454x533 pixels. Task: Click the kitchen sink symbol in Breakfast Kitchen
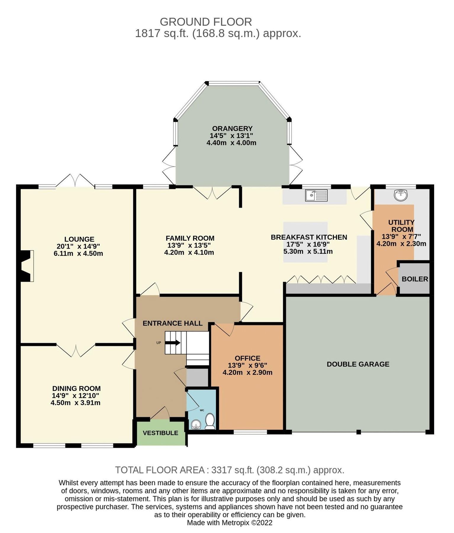(317, 195)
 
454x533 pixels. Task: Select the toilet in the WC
(210, 421)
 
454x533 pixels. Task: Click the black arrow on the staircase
(173, 343)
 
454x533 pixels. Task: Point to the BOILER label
(415, 279)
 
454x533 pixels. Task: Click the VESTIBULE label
(160, 433)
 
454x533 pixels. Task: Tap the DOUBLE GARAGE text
(358, 364)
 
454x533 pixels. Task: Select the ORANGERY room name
(232, 129)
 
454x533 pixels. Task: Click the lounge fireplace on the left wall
(26, 266)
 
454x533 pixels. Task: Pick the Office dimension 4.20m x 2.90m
(247, 373)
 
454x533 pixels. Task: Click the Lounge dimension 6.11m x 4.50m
(78, 253)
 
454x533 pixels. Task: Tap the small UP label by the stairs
(159, 343)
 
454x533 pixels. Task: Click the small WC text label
(202, 410)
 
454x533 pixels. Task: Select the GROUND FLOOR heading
(206, 22)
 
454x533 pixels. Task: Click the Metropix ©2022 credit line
(229, 523)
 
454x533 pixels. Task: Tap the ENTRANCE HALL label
(173, 323)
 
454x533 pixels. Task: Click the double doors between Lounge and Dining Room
(76, 350)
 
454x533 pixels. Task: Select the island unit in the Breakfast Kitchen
(305, 242)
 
